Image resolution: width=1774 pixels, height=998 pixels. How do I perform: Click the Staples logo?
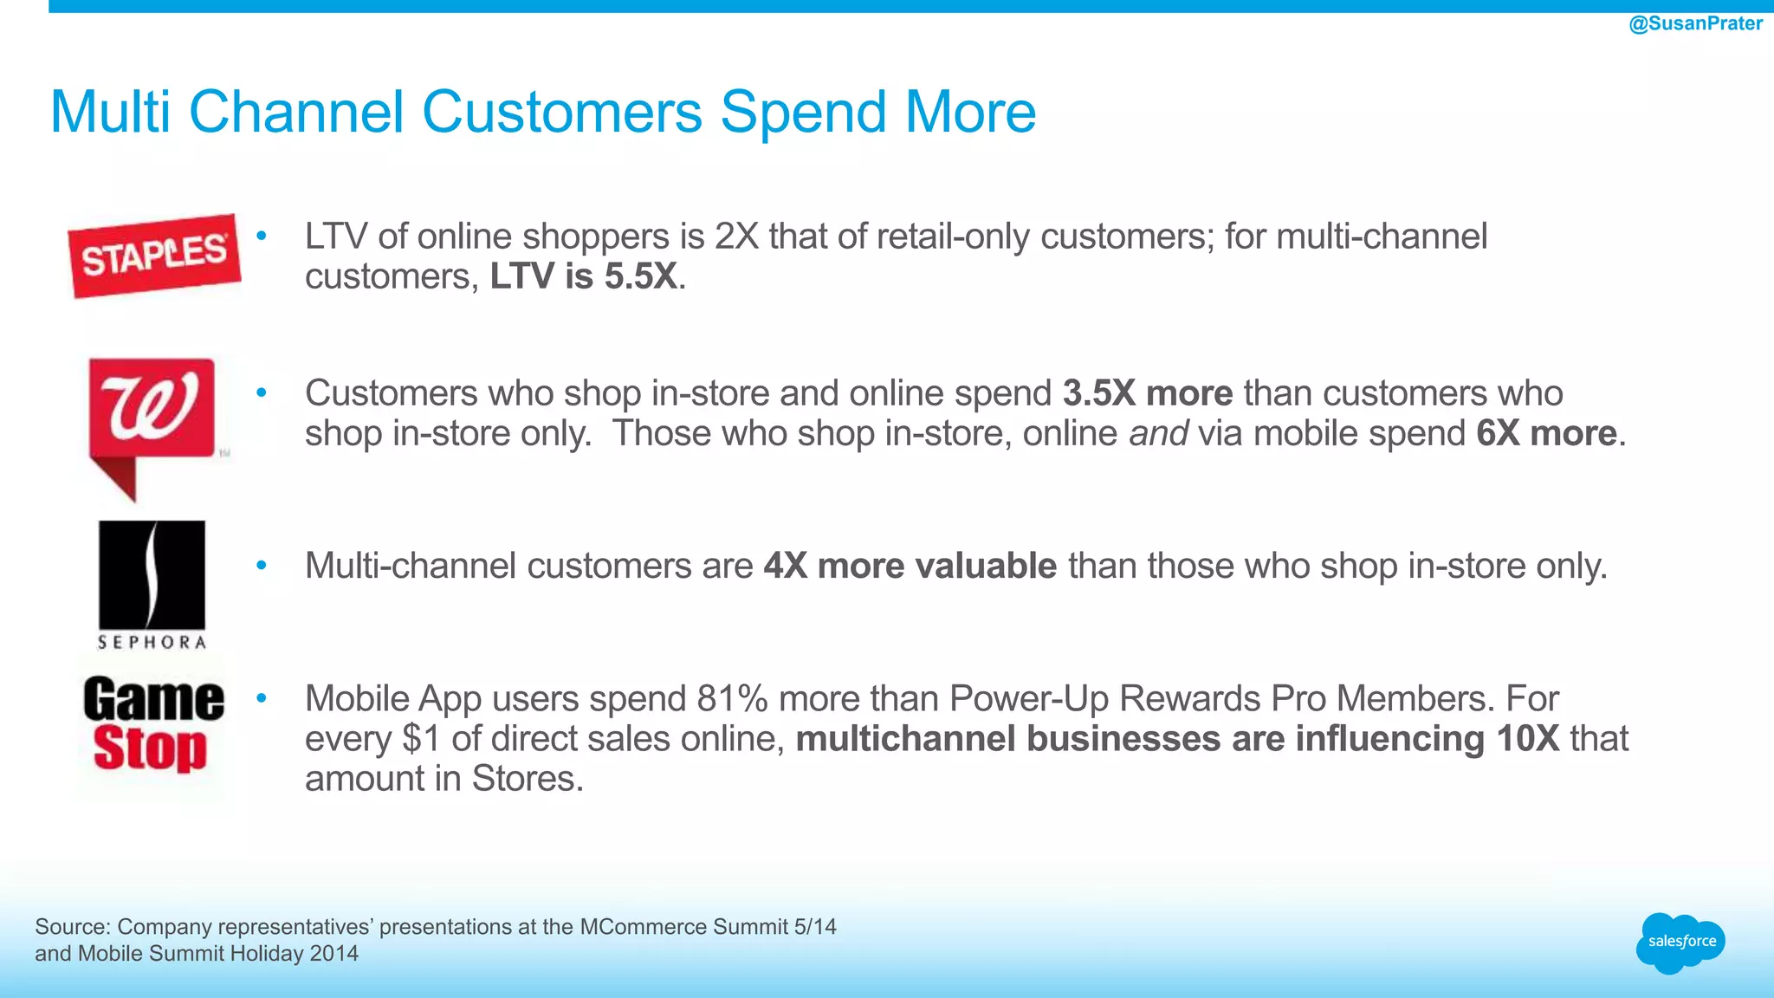[154, 256]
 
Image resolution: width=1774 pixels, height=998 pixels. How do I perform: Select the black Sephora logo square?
[152, 574]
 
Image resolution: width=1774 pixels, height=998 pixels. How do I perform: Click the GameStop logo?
[152, 724]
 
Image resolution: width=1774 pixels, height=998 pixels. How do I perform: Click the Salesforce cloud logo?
[1680, 942]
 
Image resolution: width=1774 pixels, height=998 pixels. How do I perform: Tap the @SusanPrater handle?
[1695, 23]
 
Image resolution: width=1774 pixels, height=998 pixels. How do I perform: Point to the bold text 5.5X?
[640, 277]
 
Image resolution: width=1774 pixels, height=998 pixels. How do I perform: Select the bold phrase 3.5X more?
[1147, 393]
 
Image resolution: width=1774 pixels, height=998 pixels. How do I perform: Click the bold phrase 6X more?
[1546, 433]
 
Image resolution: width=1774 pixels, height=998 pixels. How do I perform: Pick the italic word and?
[1158, 433]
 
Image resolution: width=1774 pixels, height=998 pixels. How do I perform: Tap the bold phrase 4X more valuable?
[910, 566]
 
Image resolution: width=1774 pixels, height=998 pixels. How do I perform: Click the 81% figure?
[735, 698]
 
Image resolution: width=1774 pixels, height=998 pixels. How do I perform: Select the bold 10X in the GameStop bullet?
[1527, 739]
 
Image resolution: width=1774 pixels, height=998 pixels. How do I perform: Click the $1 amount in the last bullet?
[422, 739]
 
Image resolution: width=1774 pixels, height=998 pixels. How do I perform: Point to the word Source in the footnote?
[72, 927]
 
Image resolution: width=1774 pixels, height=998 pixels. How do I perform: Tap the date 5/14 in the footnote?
[814, 927]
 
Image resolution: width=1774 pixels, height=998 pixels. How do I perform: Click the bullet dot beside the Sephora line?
[262, 566]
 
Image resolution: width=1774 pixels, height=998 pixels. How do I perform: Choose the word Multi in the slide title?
[110, 112]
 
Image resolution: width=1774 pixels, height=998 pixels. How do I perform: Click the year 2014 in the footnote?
[333, 954]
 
